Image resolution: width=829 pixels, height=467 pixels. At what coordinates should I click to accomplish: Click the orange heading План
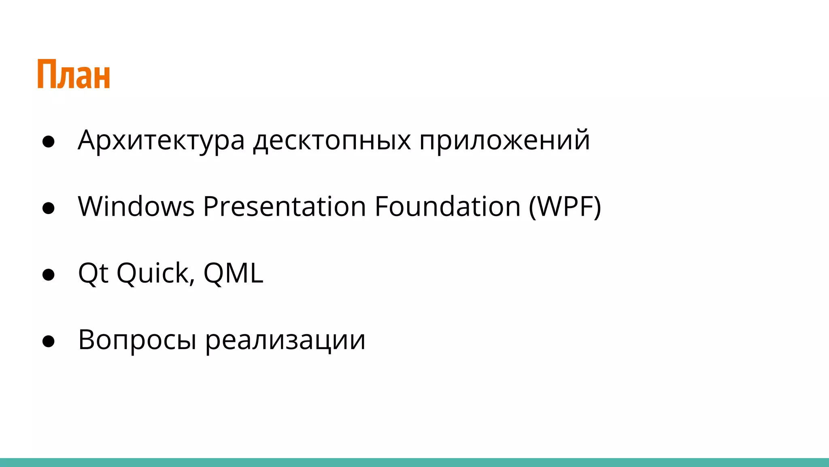click(74, 74)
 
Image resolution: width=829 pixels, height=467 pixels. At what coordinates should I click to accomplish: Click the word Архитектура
click(161, 140)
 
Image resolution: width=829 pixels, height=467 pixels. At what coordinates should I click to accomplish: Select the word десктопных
click(332, 140)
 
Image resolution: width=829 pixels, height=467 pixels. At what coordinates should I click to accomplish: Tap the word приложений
click(504, 140)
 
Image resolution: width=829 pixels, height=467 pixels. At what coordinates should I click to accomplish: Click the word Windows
click(136, 207)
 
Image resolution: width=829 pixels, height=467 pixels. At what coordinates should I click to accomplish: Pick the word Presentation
click(285, 207)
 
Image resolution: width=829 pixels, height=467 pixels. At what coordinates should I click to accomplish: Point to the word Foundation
click(447, 207)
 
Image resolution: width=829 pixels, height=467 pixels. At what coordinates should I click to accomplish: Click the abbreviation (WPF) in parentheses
click(565, 207)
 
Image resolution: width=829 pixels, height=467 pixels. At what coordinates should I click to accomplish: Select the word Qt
click(93, 273)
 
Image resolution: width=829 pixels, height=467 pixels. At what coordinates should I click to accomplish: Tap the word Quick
click(152, 273)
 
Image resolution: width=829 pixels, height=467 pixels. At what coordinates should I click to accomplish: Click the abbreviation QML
click(233, 273)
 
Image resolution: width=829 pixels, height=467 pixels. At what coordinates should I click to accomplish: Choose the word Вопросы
click(137, 340)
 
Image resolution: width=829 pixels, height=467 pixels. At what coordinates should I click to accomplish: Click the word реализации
click(285, 340)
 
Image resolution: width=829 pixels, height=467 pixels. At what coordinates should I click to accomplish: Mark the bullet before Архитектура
click(48, 142)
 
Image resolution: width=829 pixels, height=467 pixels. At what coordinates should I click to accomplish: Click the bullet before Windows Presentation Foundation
click(48, 208)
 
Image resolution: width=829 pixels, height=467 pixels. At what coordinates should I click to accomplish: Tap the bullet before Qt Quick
click(48, 275)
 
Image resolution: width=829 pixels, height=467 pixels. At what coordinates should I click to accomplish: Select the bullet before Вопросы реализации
click(48, 341)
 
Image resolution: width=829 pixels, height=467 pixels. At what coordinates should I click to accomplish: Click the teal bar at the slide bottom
click(414, 463)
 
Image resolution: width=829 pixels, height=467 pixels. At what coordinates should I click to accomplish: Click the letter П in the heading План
click(47, 74)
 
